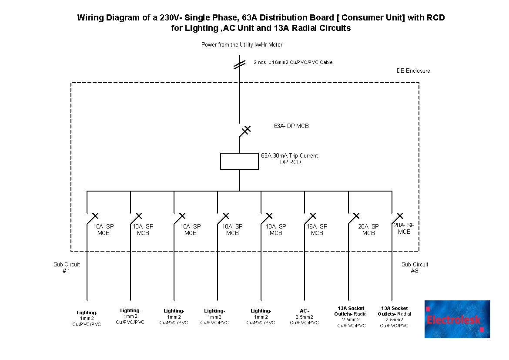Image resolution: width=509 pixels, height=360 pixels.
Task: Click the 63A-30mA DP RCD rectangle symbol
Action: [x=239, y=161]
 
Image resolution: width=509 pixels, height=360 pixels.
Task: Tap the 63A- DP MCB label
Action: [x=291, y=126]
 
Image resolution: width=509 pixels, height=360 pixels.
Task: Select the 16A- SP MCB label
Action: [x=317, y=230]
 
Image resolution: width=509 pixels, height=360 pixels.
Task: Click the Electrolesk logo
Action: [x=457, y=319]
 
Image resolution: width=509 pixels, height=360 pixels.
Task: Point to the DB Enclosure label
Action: [x=413, y=71]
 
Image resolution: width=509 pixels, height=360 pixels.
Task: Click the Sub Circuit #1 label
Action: [x=67, y=268]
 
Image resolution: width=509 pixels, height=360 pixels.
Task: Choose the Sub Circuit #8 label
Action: [x=415, y=268]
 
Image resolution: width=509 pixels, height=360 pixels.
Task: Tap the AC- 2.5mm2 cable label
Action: [x=304, y=317]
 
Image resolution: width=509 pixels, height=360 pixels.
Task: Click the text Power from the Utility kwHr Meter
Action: [x=242, y=45]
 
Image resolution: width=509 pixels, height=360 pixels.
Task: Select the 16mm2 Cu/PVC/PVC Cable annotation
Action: [x=293, y=63]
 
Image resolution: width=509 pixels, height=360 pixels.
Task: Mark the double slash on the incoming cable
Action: [x=239, y=64]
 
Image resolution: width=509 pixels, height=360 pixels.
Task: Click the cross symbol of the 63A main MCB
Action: [x=247, y=129]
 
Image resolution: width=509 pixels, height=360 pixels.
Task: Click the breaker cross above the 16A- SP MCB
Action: [x=312, y=216]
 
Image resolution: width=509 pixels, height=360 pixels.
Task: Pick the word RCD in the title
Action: [x=435, y=18]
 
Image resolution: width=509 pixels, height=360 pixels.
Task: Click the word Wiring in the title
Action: [x=90, y=18]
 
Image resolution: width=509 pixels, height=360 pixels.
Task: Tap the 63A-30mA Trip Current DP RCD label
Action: [x=290, y=159]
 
